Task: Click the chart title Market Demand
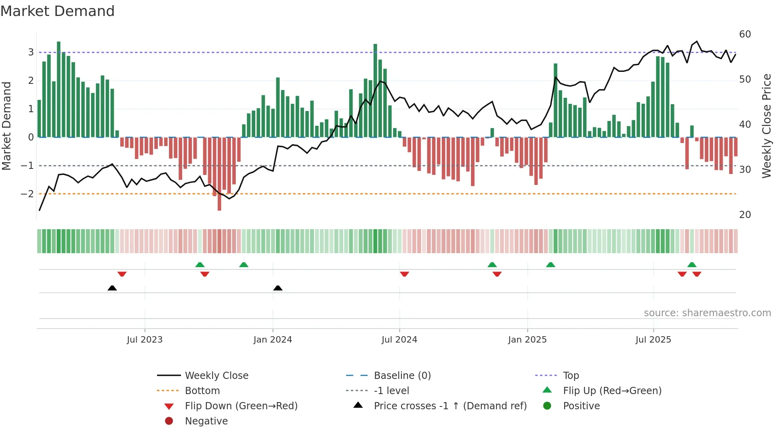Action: coord(58,11)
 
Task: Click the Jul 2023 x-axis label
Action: coord(145,340)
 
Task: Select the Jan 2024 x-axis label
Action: coord(273,340)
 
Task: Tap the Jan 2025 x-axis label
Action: coord(527,340)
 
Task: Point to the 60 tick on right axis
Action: coord(745,34)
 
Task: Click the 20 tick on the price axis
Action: coord(745,215)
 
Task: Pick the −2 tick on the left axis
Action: coord(28,194)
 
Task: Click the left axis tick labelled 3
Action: coord(31,52)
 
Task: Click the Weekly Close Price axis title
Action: coord(766,126)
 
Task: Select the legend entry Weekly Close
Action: coord(216,376)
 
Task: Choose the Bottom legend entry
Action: coord(202,391)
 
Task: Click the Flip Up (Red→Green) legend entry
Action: coord(612,391)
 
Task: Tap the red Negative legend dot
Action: coord(169,421)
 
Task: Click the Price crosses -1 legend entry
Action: coord(450,406)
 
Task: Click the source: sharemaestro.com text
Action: coord(707,313)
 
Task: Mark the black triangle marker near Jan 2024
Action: coord(278,288)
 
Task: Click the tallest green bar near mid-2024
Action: coord(375,90)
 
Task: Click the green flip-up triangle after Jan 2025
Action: coord(550,265)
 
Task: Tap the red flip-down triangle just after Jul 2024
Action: coord(404,274)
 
